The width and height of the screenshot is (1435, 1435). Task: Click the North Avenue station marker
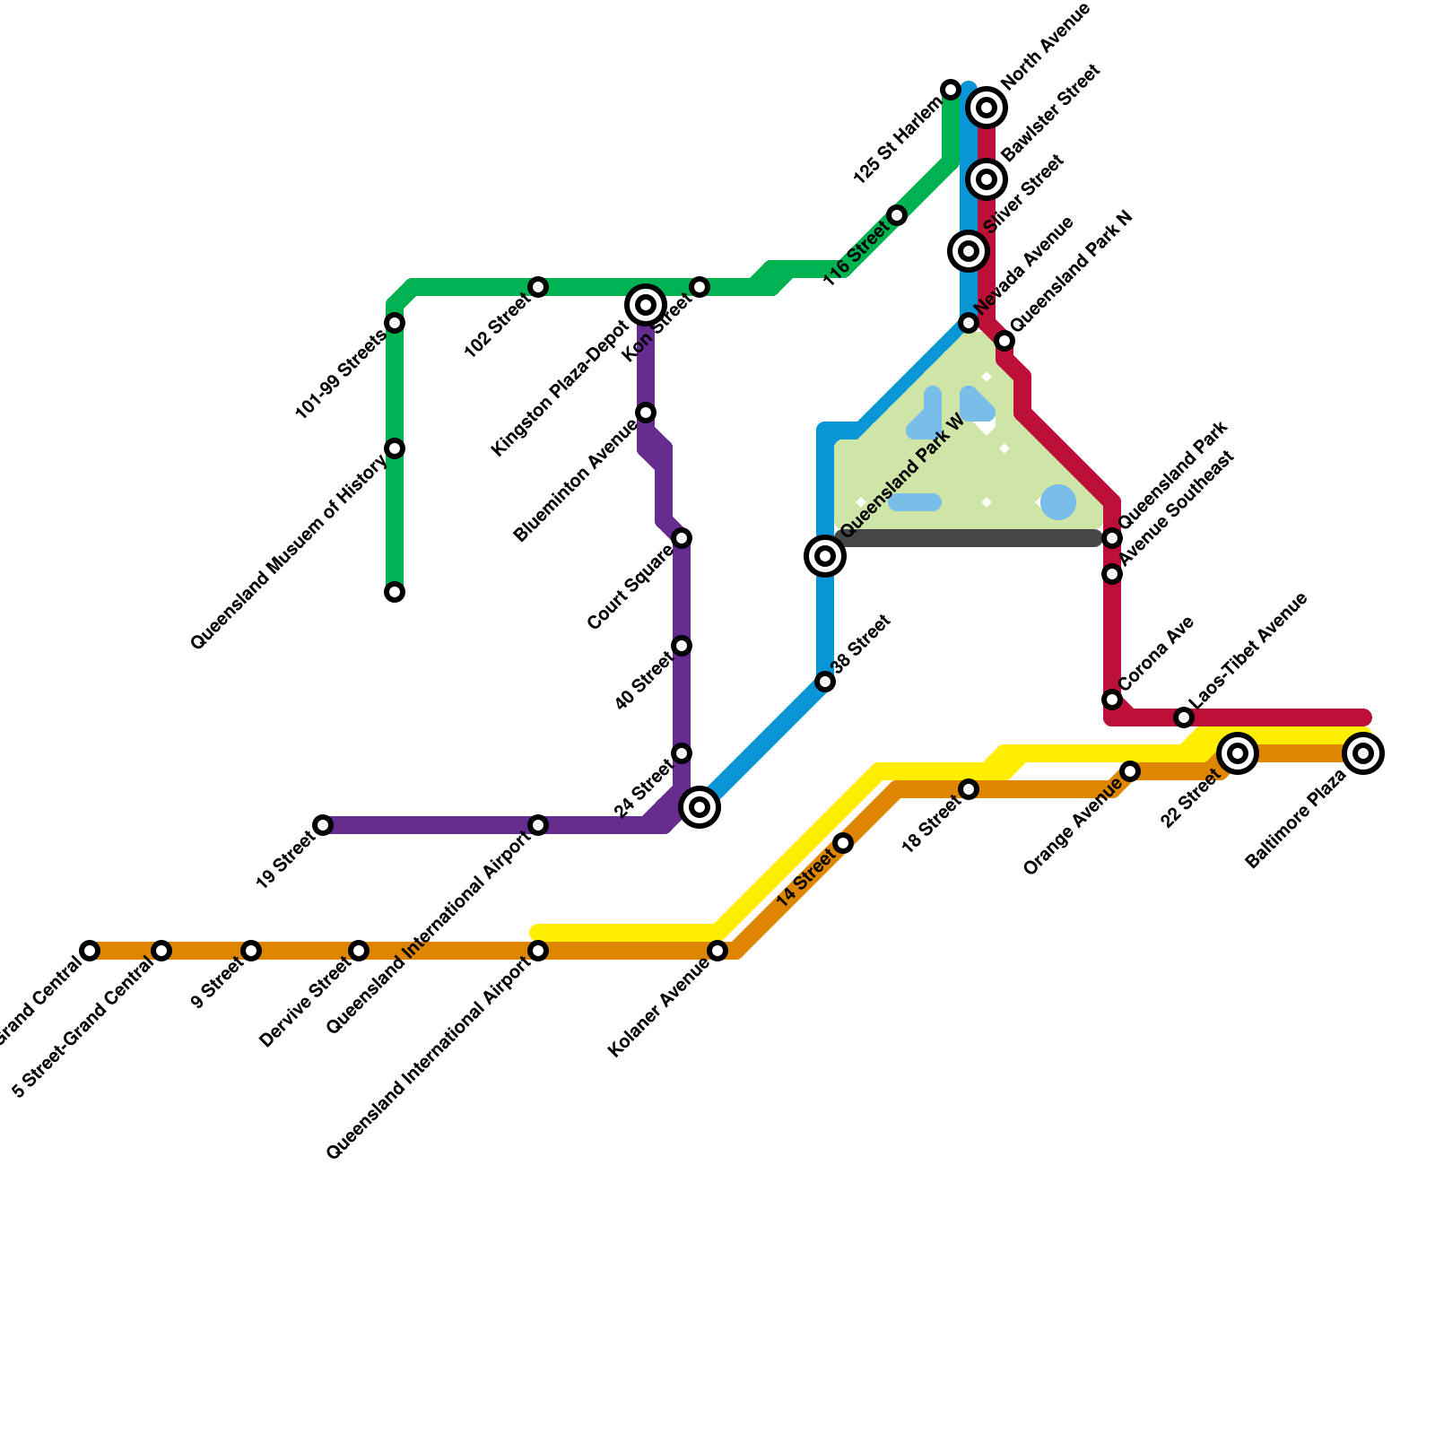[x=987, y=108]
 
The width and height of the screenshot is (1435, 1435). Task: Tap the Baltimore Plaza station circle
[x=1363, y=753]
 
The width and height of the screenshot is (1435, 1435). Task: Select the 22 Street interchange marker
[x=1238, y=753]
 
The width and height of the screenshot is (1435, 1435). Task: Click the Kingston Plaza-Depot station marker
[x=646, y=305]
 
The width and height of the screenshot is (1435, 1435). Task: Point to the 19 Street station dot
[x=323, y=825]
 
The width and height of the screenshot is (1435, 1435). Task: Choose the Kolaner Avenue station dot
[x=717, y=951]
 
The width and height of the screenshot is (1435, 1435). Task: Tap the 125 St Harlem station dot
[x=951, y=90]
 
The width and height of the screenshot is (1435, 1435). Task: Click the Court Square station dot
[x=682, y=538]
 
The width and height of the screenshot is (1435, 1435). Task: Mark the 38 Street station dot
[x=825, y=682]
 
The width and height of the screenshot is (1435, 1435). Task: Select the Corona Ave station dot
[x=1112, y=700]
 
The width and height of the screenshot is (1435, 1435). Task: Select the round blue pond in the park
[x=1058, y=502]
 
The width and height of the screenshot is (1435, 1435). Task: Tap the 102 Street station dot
[x=538, y=287]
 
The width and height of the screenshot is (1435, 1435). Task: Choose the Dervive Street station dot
[x=359, y=951]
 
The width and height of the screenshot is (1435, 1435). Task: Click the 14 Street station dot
[x=843, y=843]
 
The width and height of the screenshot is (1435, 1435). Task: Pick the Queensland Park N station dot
[x=1004, y=341]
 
